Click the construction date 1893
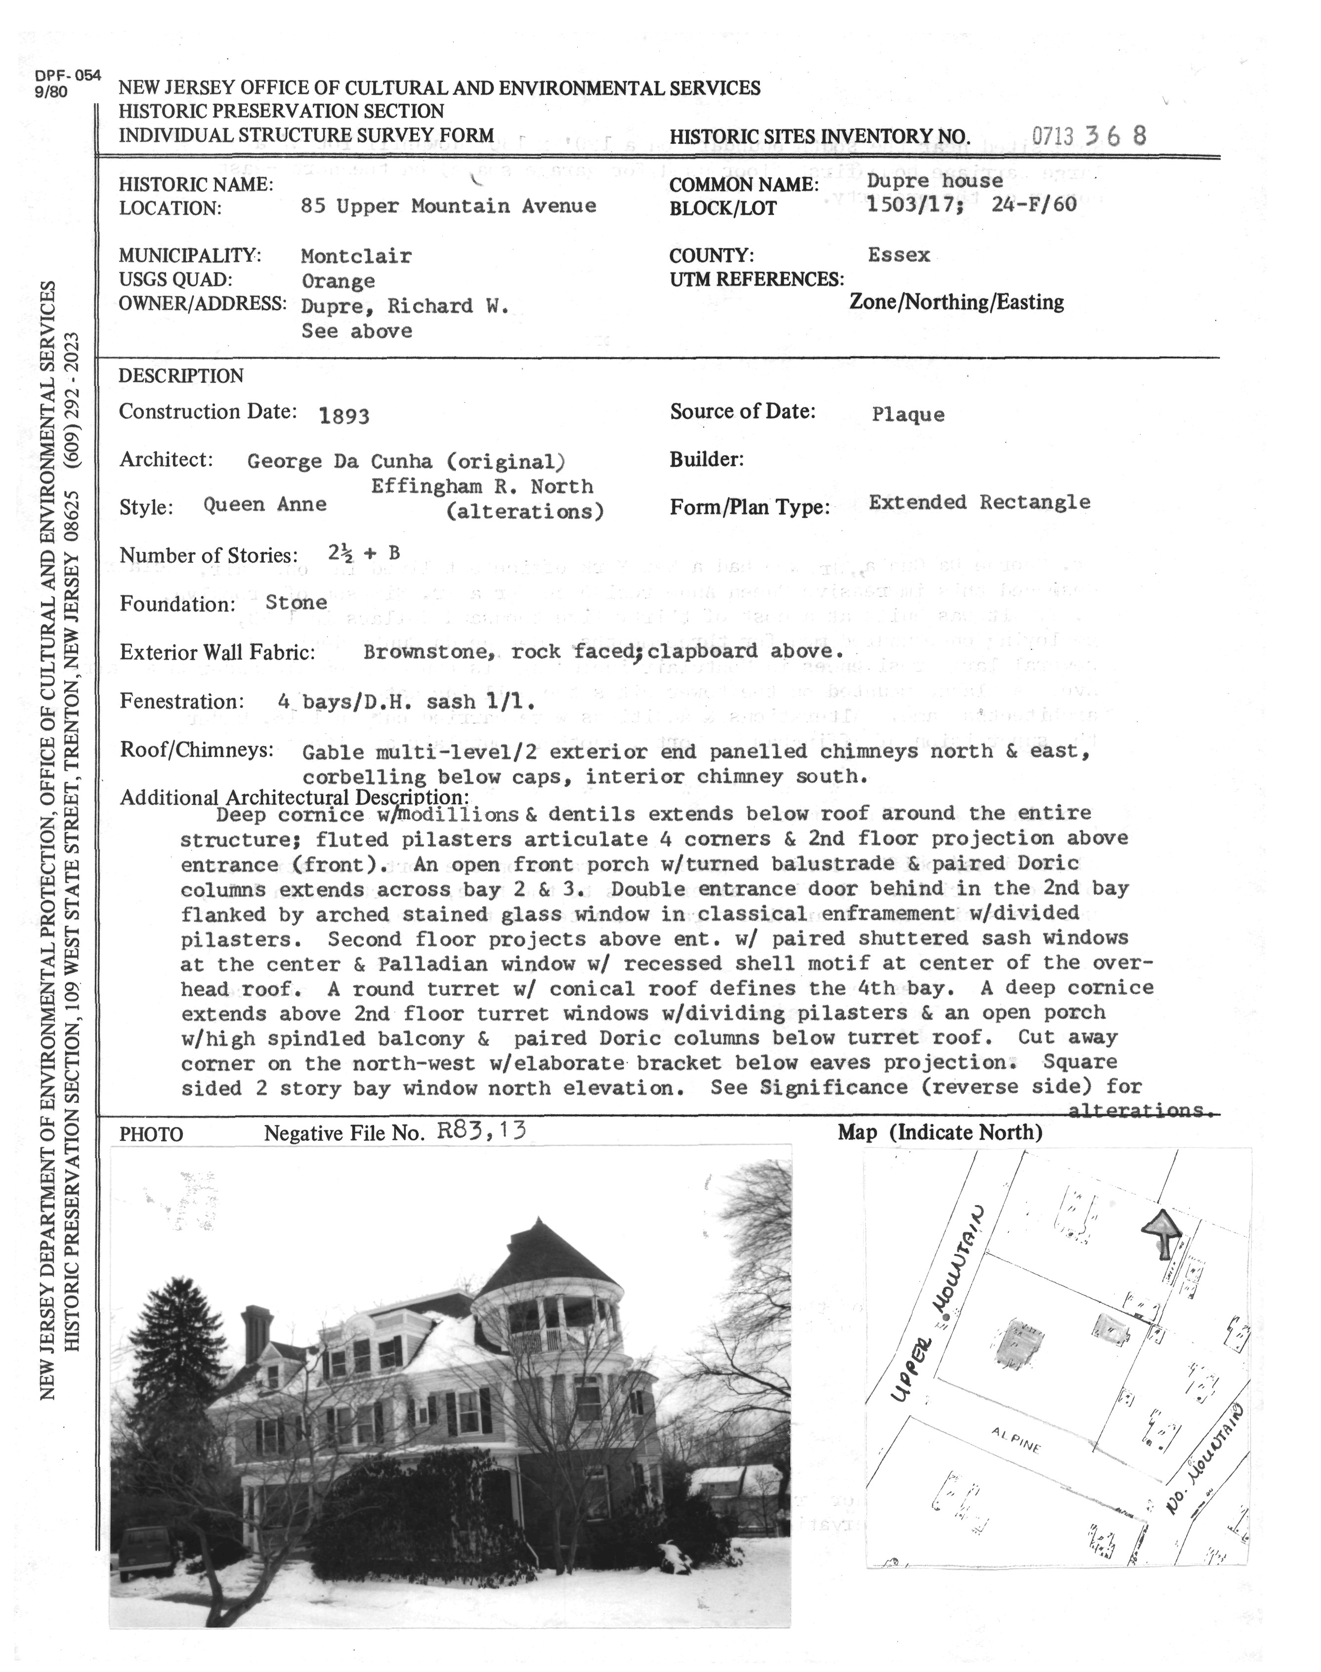click(x=344, y=416)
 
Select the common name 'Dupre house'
click(x=935, y=181)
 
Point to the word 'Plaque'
click(x=908, y=415)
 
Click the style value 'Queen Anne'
click(x=264, y=505)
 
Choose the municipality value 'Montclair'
click(x=356, y=256)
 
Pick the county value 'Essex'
click(x=899, y=255)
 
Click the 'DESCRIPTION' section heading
click(x=181, y=376)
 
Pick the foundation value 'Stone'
click(x=296, y=602)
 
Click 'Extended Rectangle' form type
click(x=979, y=502)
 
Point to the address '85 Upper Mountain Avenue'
click(x=449, y=207)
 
